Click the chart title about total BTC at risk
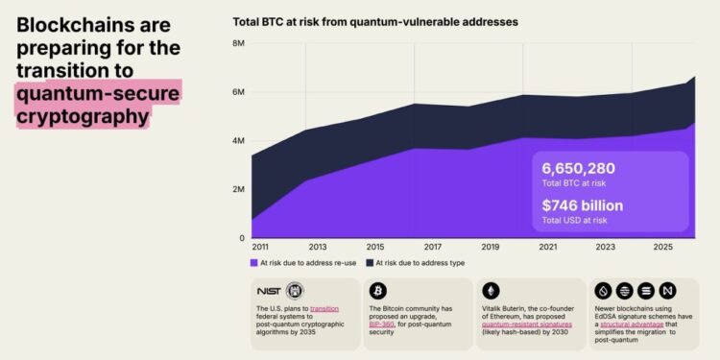click(x=375, y=20)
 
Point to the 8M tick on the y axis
click(x=238, y=44)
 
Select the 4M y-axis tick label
click(x=238, y=141)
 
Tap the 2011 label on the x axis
click(x=260, y=247)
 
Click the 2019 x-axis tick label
click(x=490, y=247)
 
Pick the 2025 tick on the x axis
click(x=662, y=247)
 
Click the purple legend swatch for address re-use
click(x=254, y=262)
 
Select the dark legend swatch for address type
click(x=369, y=262)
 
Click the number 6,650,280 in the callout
click(x=579, y=168)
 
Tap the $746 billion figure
click(x=582, y=204)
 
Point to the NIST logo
click(x=269, y=290)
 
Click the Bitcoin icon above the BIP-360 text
click(x=378, y=290)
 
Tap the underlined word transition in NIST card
click(x=324, y=309)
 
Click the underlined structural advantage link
click(x=632, y=325)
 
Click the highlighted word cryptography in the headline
click(x=83, y=116)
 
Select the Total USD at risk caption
click(x=574, y=220)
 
